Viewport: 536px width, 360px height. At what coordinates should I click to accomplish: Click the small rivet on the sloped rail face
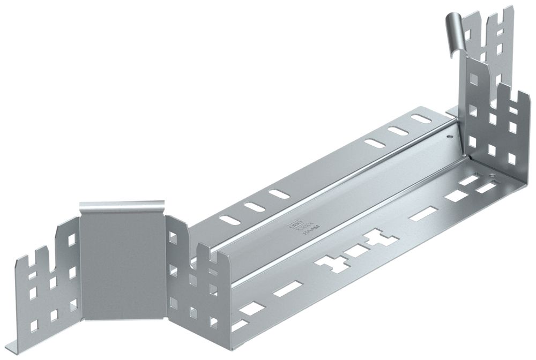point(449,137)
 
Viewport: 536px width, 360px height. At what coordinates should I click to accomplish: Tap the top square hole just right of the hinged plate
point(174,236)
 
